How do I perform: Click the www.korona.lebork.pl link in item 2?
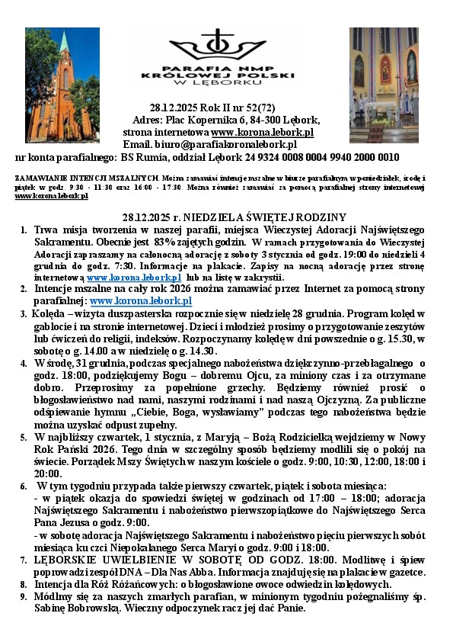click(141, 301)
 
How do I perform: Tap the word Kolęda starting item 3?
click(49, 314)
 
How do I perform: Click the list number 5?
click(24, 437)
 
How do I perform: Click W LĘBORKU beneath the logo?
click(221, 86)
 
